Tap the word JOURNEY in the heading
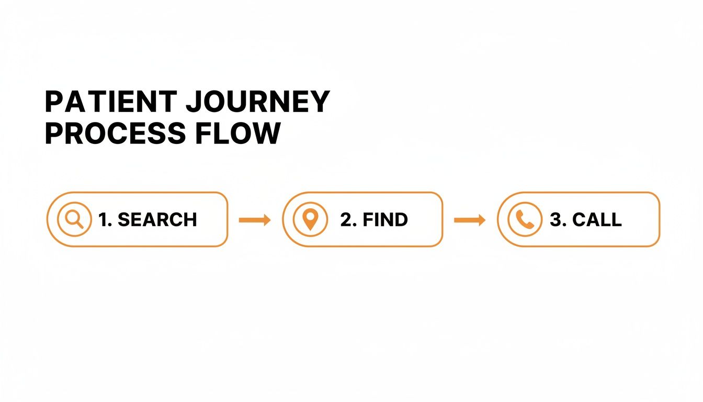(x=258, y=102)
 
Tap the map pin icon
(x=310, y=219)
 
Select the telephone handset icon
(x=525, y=219)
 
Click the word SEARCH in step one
(x=157, y=220)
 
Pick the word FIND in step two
(x=385, y=220)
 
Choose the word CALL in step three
(x=597, y=220)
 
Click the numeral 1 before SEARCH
(x=103, y=220)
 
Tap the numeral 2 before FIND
(x=346, y=220)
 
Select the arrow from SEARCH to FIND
(x=255, y=220)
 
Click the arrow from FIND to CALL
(x=470, y=220)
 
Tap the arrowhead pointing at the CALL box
(x=481, y=220)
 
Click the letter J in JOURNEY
(x=195, y=102)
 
